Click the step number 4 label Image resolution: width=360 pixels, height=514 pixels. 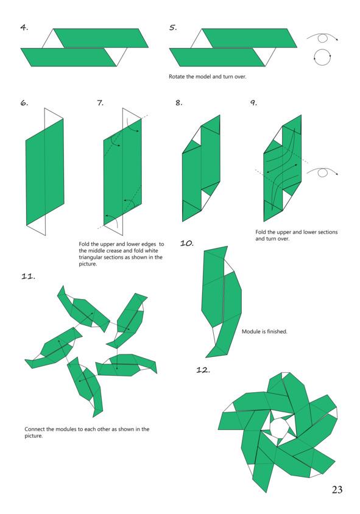click(x=24, y=27)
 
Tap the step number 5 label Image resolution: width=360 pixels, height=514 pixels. click(x=173, y=27)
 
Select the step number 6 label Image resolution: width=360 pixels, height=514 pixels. click(x=24, y=103)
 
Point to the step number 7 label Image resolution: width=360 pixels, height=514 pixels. click(x=100, y=103)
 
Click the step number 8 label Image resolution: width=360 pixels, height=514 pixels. click(x=178, y=103)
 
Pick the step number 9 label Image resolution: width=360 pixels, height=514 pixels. click(x=254, y=103)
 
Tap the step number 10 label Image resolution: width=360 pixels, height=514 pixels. click(x=187, y=243)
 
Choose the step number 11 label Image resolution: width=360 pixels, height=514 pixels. click(x=28, y=276)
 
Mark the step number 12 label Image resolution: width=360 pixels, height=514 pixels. click(x=203, y=370)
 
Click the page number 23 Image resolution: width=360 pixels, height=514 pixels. click(x=337, y=490)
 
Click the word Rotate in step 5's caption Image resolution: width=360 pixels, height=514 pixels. click(x=177, y=77)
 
